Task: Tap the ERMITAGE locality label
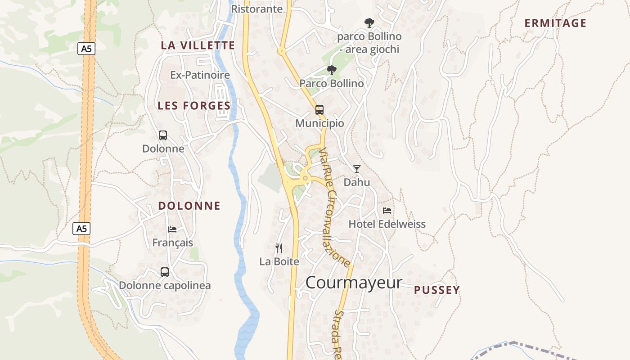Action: (x=555, y=23)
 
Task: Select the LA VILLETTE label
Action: (x=198, y=45)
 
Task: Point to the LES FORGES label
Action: (x=194, y=106)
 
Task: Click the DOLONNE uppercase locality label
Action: (x=189, y=206)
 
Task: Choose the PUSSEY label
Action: (x=437, y=290)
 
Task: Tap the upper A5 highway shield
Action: (x=86, y=49)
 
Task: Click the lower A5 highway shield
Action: (x=81, y=229)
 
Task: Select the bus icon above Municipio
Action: (x=319, y=109)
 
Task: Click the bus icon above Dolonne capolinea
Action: (x=165, y=272)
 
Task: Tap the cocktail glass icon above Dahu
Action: (x=357, y=169)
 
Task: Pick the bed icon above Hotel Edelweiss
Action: (x=387, y=210)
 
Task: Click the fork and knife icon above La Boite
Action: (x=279, y=248)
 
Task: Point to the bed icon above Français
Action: (x=172, y=229)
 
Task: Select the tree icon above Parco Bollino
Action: (x=332, y=70)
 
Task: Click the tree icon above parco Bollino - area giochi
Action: (x=369, y=22)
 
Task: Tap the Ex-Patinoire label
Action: (x=200, y=75)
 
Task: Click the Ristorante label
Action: (x=256, y=9)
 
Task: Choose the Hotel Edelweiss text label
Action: (x=387, y=224)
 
